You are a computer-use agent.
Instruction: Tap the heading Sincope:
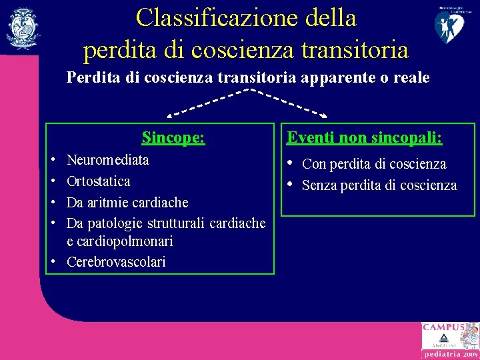(x=173, y=138)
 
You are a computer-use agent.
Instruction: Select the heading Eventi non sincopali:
(x=365, y=137)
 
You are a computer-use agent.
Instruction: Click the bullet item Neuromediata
(x=108, y=160)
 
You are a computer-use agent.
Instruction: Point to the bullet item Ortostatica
(x=99, y=181)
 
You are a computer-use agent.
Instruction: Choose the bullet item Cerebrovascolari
(x=116, y=262)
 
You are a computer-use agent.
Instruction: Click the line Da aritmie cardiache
(x=127, y=202)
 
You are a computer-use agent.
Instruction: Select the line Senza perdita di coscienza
(x=379, y=185)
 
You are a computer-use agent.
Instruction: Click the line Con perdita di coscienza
(x=374, y=164)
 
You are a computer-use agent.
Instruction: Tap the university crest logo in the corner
(x=23, y=28)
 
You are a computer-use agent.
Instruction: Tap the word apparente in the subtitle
(x=333, y=78)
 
